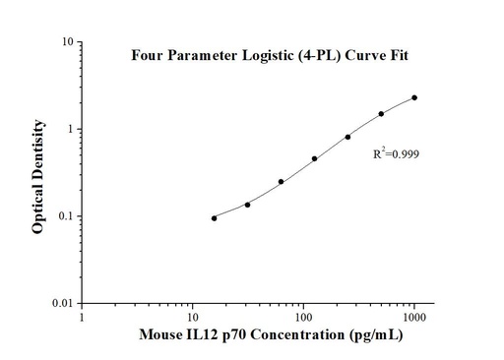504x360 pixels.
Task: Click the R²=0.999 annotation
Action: (x=397, y=154)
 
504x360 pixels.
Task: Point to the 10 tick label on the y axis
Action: (x=62, y=42)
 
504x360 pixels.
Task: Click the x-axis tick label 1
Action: (x=82, y=317)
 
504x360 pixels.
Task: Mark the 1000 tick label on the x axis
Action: (x=413, y=317)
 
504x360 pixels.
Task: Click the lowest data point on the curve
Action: (x=214, y=218)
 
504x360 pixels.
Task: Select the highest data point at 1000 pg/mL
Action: (x=414, y=97)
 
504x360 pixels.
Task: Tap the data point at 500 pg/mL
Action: (x=381, y=114)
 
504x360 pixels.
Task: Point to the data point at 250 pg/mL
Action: (x=347, y=137)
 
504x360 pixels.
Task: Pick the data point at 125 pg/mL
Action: (x=314, y=158)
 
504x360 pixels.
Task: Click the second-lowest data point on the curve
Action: (x=247, y=205)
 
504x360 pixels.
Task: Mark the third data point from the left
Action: (x=281, y=182)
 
